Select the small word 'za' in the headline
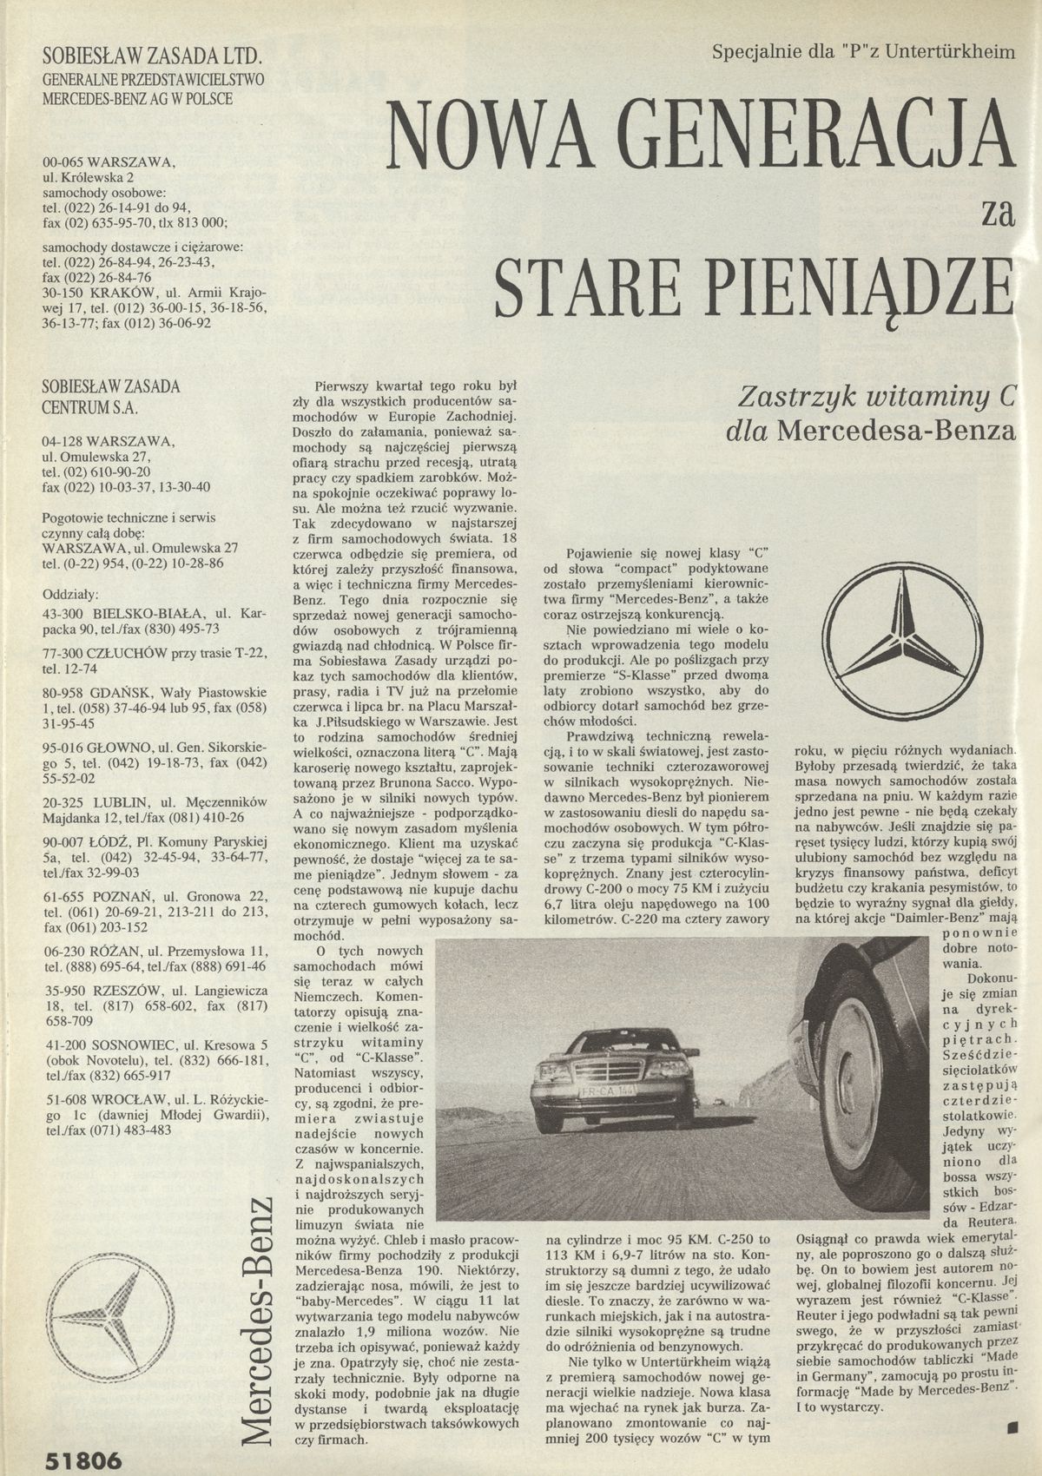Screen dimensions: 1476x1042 point(996,213)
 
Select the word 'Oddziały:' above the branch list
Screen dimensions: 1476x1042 point(71,595)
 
